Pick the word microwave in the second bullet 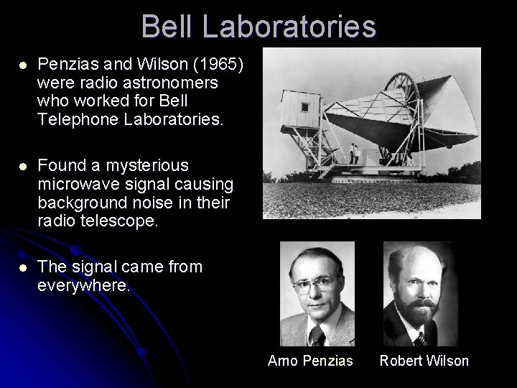tap(75, 183)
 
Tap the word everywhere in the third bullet tap(83, 285)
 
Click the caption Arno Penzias tap(310, 361)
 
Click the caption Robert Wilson tap(424, 361)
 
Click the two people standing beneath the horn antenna tap(354, 153)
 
